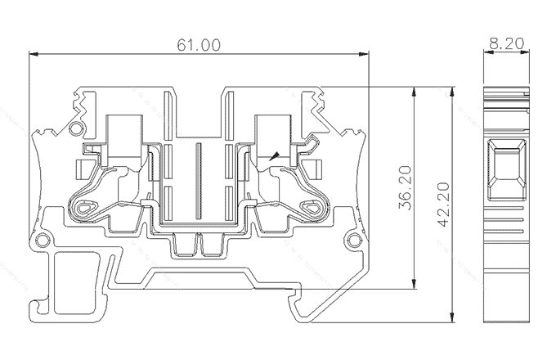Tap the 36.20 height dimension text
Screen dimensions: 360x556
pyautogui.click(x=404, y=189)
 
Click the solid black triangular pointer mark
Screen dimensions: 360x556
pyautogui.click(x=274, y=155)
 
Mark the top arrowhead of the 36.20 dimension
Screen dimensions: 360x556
pyautogui.click(x=415, y=91)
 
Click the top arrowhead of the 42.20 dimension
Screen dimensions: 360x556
pyautogui.click(x=454, y=89)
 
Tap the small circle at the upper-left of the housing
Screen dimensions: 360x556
pyautogui.click(x=77, y=128)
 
